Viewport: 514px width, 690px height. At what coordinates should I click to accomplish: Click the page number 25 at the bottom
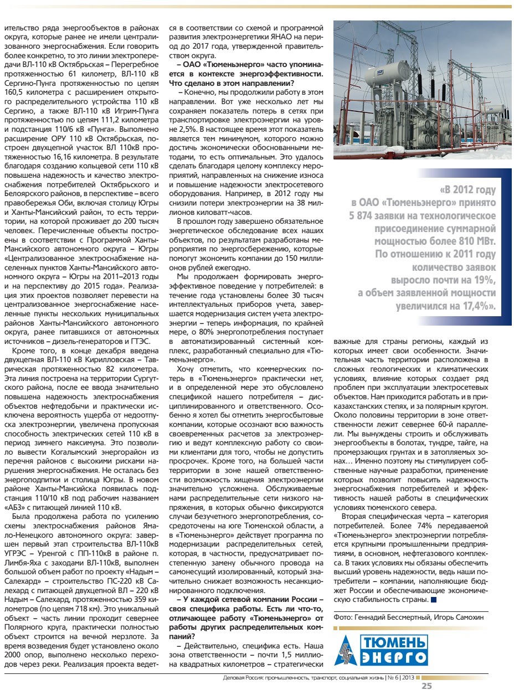tap(426, 686)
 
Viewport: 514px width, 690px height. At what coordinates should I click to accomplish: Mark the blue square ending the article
tap(433, 599)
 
